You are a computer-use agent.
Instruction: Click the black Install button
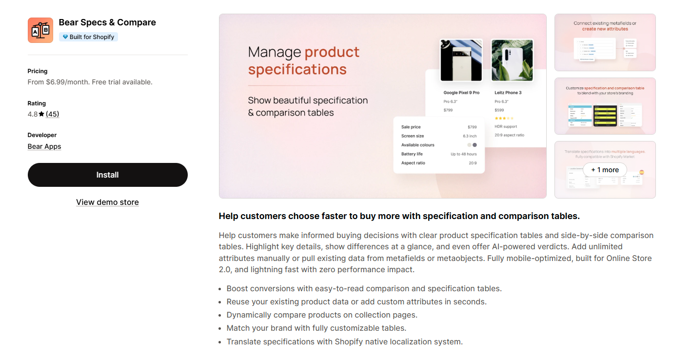(x=107, y=175)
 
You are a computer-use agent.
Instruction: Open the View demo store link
(x=107, y=202)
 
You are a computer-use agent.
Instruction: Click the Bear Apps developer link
(x=44, y=146)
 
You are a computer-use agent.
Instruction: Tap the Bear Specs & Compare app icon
(x=40, y=30)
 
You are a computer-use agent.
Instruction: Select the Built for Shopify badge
(x=88, y=37)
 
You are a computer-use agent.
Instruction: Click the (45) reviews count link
(x=52, y=114)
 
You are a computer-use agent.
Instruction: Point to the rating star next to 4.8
(x=41, y=114)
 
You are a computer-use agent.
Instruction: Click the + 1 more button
(x=605, y=170)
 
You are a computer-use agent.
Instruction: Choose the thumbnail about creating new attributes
(x=605, y=42)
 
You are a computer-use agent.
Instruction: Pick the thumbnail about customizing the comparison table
(x=605, y=106)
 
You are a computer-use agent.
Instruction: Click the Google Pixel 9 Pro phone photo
(x=461, y=60)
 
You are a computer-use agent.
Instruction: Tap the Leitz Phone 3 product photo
(x=512, y=60)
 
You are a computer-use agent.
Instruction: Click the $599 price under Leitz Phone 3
(x=499, y=110)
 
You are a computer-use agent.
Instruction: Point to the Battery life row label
(x=412, y=154)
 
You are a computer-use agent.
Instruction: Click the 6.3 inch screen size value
(x=470, y=136)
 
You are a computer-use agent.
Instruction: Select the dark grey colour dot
(x=475, y=145)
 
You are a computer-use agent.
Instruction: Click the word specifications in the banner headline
(x=297, y=69)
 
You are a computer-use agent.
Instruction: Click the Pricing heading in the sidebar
(x=38, y=71)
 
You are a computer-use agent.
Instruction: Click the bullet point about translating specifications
(x=344, y=341)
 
